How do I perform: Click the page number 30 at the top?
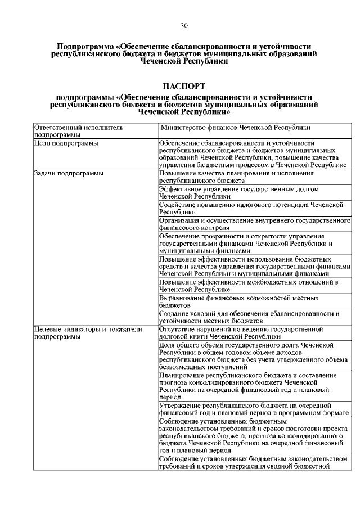click(x=184, y=25)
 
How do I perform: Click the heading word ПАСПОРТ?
click(x=184, y=86)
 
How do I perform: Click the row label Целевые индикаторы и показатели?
click(x=87, y=329)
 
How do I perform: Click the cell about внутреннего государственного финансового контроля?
click(x=254, y=224)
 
